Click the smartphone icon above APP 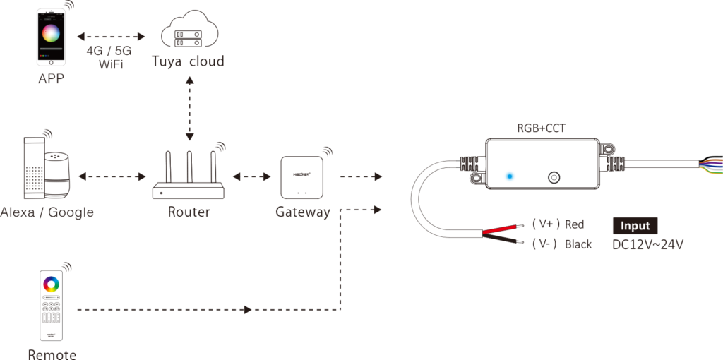pos(52,36)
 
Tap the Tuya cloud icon pos(187,31)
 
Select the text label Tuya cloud pos(188,62)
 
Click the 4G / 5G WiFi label pos(109,57)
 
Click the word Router pos(189,211)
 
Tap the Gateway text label pos(302,212)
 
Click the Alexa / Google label pos(47,212)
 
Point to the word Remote pos(52,354)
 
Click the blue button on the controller pos(510,176)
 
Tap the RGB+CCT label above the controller pos(541,128)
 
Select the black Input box pos(635,226)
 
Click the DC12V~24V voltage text pos(647,245)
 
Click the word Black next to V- pos(578,244)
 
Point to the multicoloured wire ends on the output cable pos(710,165)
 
